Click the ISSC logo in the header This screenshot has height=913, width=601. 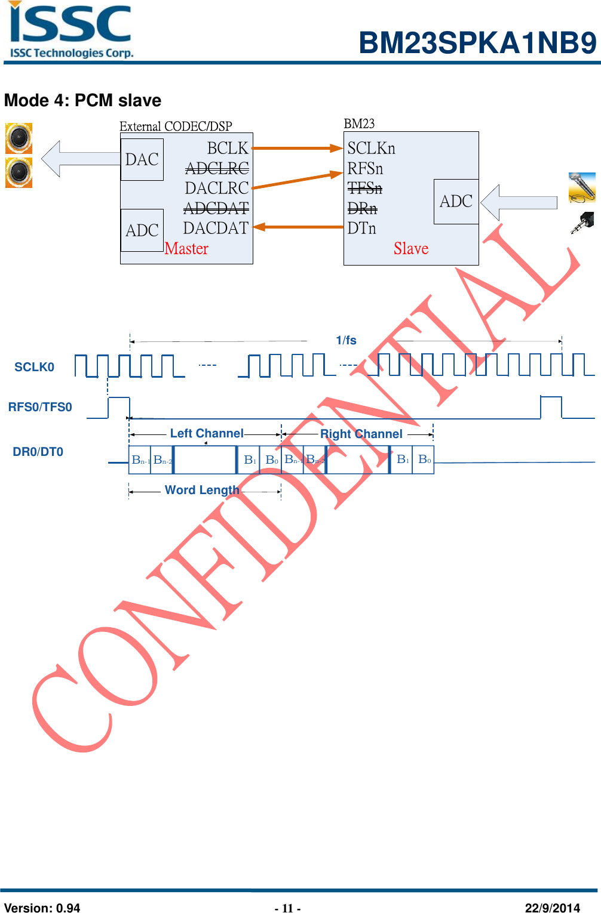click(x=70, y=30)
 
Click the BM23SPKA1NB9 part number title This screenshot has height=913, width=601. click(x=477, y=43)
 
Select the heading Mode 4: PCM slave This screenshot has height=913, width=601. click(x=82, y=100)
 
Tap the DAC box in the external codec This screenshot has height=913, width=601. click(x=142, y=159)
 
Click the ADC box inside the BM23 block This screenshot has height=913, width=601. click(x=456, y=202)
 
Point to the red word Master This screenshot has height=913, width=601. click(x=186, y=249)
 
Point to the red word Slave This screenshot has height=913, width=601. click(x=411, y=249)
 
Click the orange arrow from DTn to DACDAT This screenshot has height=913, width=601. click(x=298, y=227)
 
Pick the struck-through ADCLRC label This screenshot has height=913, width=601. click(x=217, y=168)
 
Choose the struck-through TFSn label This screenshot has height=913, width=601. click(x=364, y=189)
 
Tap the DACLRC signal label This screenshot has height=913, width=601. click(x=216, y=188)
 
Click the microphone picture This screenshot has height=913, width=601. click(x=582, y=187)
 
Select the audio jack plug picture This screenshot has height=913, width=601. click(x=582, y=223)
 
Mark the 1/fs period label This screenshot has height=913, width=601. click(x=346, y=340)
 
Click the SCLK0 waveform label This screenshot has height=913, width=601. click(x=34, y=367)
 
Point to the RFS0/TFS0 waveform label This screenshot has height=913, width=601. click(x=40, y=407)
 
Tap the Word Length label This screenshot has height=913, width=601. click(x=202, y=490)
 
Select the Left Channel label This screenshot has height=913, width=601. click(x=207, y=433)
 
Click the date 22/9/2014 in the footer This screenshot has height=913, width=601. click(x=552, y=908)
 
